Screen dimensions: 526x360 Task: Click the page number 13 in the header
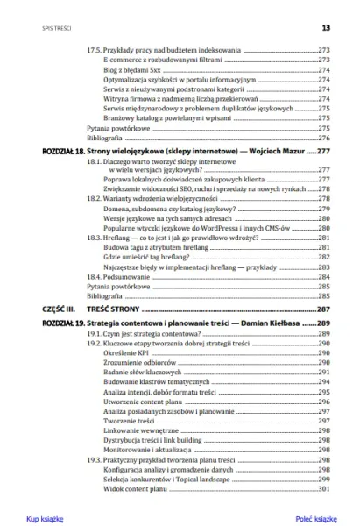coord(325,27)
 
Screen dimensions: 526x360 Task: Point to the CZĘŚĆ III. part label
coord(49,309)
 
